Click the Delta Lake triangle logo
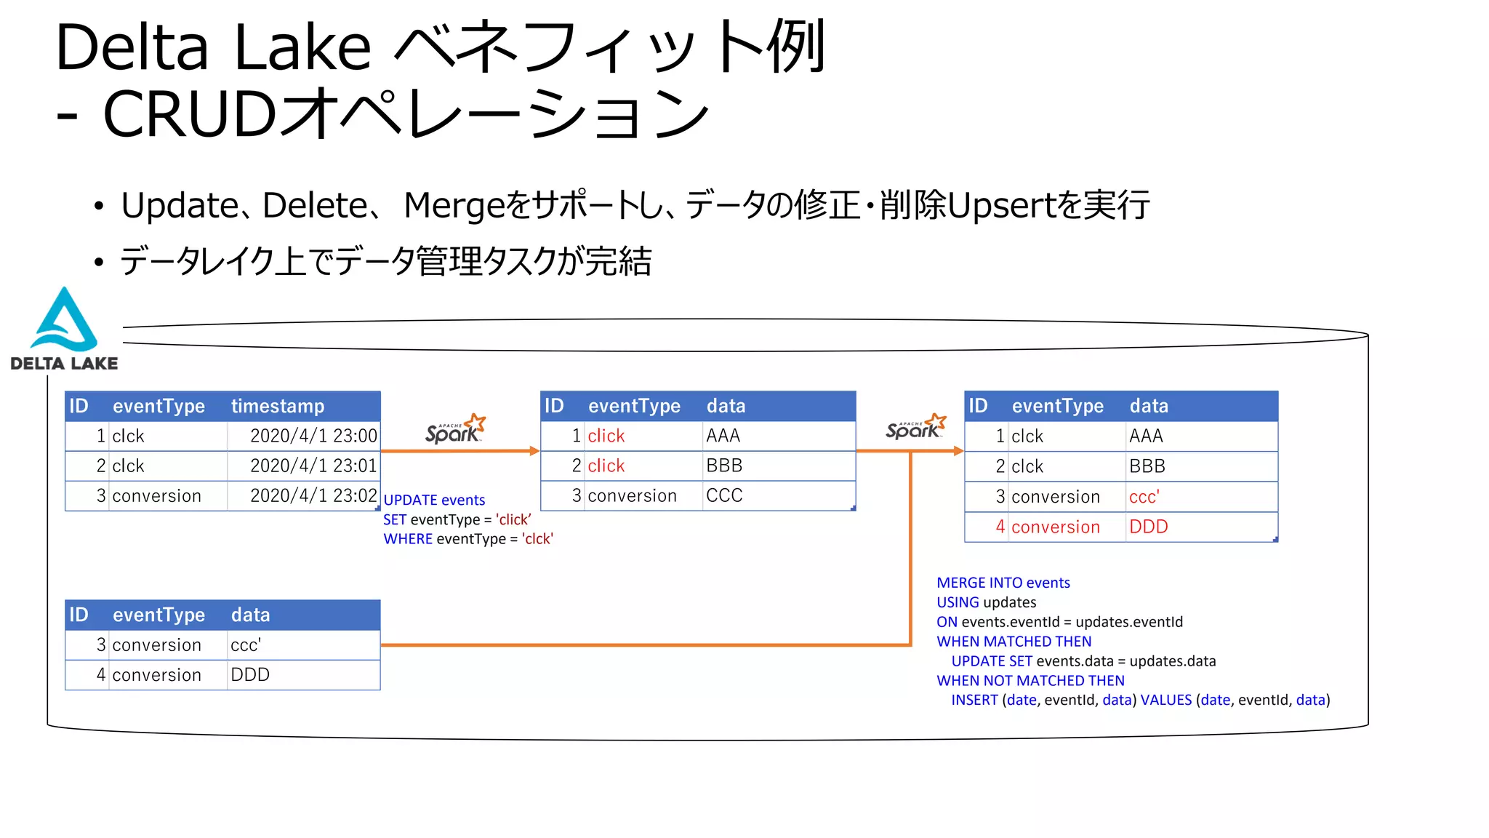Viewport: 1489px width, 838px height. click(x=64, y=322)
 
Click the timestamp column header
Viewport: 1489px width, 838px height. click(x=277, y=406)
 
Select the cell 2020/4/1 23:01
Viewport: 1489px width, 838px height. click(x=313, y=466)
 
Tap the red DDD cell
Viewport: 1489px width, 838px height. click(x=1148, y=527)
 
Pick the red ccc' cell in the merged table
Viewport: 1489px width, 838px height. click(x=1144, y=497)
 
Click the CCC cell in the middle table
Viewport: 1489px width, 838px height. click(x=724, y=495)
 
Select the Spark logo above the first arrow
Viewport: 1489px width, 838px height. click(x=455, y=430)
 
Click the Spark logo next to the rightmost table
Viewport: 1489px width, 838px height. click(x=915, y=427)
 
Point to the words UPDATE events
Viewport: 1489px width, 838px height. click(x=434, y=500)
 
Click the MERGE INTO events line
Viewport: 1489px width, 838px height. click(x=1003, y=583)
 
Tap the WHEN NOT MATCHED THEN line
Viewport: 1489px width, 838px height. click(x=1030, y=681)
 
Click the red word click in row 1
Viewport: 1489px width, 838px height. click(x=606, y=436)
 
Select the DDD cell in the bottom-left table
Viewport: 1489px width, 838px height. click(x=250, y=675)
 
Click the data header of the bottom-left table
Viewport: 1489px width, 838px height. click(x=250, y=615)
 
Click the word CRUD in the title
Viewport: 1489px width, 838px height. click(x=189, y=114)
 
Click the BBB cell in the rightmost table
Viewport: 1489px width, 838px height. click(x=1147, y=466)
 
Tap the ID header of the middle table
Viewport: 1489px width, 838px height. click(x=554, y=406)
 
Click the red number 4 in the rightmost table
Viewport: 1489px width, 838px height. click(x=1000, y=527)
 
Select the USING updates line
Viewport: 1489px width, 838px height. click(x=986, y=602)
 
